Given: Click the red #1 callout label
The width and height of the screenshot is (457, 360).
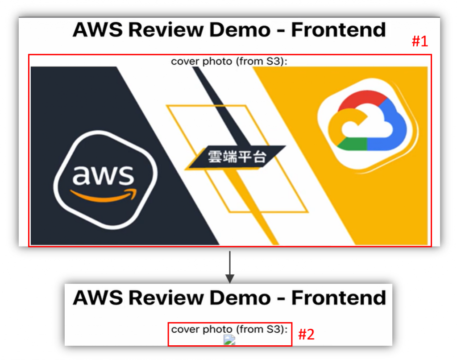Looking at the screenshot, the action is point(420,41).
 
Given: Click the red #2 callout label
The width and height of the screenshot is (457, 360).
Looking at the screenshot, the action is point(306,334).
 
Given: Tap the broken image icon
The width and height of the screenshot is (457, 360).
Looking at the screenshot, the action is point(229,340).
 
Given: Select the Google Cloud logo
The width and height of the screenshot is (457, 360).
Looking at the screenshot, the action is point(367,125).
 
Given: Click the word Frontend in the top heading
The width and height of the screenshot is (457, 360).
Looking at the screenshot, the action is point(338,30).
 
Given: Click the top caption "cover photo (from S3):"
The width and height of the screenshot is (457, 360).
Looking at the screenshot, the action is point(229,61).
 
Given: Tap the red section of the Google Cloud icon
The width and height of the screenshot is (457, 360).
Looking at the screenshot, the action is point(361,100).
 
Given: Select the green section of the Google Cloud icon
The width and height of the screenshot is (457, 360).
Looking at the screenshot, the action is point(353,144).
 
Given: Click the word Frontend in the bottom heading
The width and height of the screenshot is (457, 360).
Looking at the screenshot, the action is point(338,297).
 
